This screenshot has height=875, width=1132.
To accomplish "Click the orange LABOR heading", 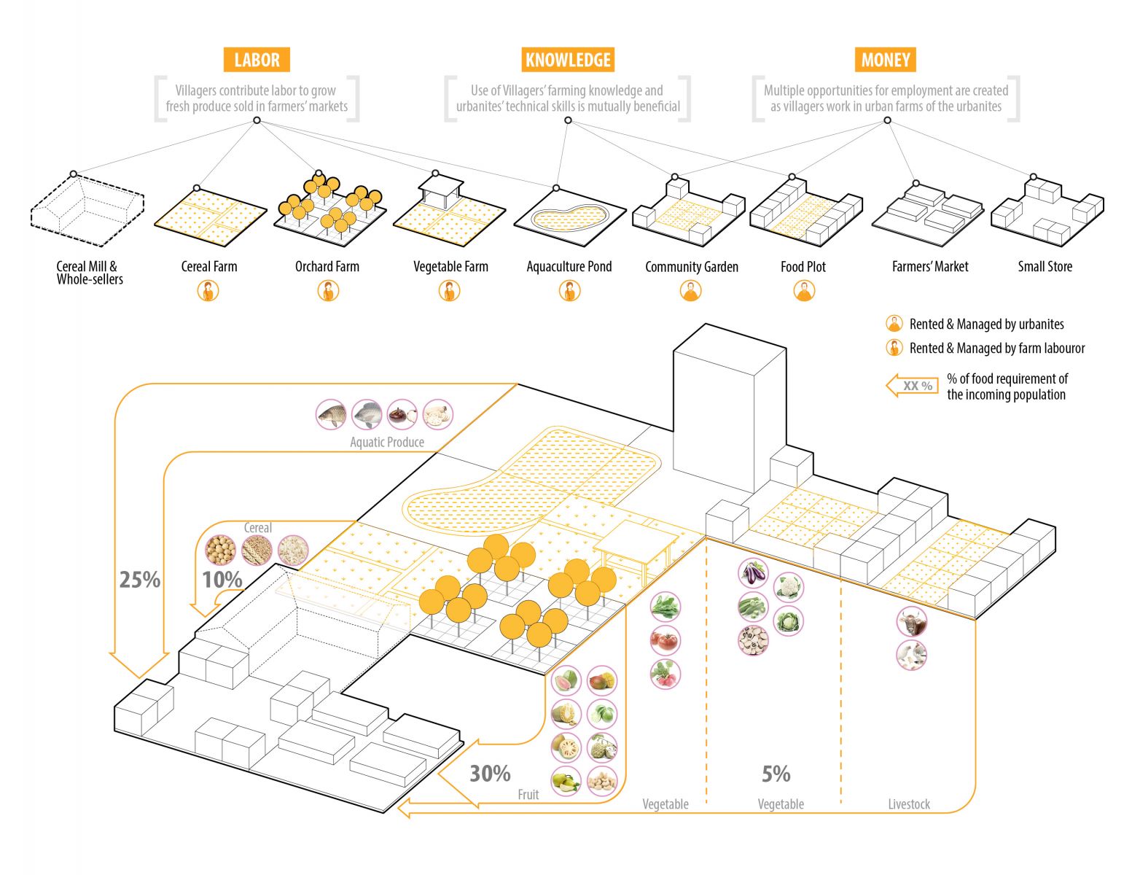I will pos(257,60).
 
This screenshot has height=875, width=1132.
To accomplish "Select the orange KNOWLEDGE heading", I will pos(568,60).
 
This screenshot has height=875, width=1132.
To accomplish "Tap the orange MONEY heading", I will pos(886,60).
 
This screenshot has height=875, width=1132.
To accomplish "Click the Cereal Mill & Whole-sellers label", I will pos(89,273).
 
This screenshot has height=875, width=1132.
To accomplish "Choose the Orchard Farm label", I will pos(327,267).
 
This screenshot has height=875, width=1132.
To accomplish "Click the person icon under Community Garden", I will pos(690,291).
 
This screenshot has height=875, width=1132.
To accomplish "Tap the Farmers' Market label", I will pos(930,267).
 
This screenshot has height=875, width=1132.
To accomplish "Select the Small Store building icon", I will pos(1047,211).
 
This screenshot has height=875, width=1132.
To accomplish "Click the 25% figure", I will pos(140,580).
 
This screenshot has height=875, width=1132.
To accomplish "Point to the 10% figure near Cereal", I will pos(222,580).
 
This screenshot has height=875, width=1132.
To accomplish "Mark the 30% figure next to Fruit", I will pos(490,774).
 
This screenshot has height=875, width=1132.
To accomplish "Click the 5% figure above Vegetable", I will pos(776,774).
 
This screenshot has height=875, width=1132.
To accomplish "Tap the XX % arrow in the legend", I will pos(912,386).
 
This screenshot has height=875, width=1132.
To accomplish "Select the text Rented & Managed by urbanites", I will pos(986,324).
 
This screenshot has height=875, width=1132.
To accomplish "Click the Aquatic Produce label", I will pos(386,442).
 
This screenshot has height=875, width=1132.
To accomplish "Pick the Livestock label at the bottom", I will pos(909,804).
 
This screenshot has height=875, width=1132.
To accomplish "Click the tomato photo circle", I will pos(665,641).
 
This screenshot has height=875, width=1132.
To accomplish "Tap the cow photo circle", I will pos(911,622).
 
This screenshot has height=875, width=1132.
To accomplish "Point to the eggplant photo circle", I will pos(753,573).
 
